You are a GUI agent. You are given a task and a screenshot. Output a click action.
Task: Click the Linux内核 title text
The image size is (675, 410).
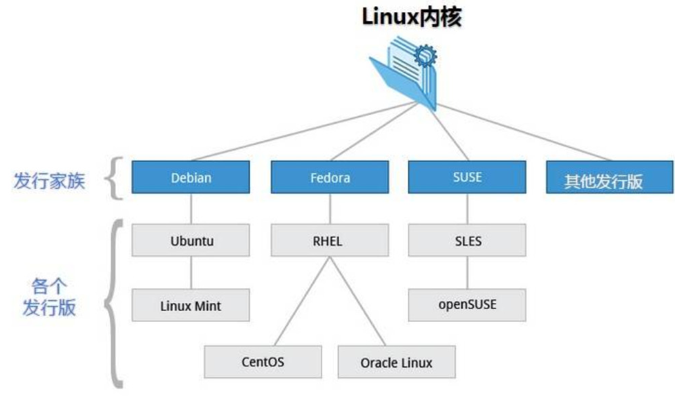pyautogui.click(x=412, y=17)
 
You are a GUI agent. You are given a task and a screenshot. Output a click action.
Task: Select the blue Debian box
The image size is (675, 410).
pyautogui.click(x=191, y=178)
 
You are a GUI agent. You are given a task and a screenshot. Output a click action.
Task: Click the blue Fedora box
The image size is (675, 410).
pyautogui.click(x=330, y=178)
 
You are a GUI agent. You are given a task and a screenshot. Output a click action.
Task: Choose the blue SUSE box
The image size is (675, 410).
pyautogui.click(x=467, y=177)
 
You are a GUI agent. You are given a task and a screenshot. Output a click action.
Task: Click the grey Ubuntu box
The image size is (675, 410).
pyautogui.click(x=191, y=241)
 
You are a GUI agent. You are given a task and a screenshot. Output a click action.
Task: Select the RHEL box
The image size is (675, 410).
pyautogui.click(x=330, y=241)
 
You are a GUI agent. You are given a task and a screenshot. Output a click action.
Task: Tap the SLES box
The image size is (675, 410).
pyautogui.click(x=467, y=241)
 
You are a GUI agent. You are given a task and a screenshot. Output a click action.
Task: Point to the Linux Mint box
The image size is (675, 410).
pyautogui.click(x=191, y=305)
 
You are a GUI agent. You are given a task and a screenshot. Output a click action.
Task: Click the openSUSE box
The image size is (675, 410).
pyautogui.click(x=467, y=304)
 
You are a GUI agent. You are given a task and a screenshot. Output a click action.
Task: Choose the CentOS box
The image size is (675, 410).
pyautogui.click(x=263, y=361)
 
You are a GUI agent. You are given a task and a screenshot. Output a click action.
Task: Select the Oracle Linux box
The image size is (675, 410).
pyautogui.click(x=396, y=362)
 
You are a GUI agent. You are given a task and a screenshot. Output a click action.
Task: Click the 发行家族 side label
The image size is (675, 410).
pyautogui.click(x=50, y=181)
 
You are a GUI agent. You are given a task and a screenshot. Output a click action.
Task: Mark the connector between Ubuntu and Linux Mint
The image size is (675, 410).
pyautogui.click(x=191, y=272)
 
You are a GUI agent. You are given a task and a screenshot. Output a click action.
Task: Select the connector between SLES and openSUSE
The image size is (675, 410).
pyautogui.click(x=467, y=272)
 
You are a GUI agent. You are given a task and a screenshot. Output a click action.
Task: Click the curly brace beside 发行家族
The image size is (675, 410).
pyautogui.click(x=117, y=179)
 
